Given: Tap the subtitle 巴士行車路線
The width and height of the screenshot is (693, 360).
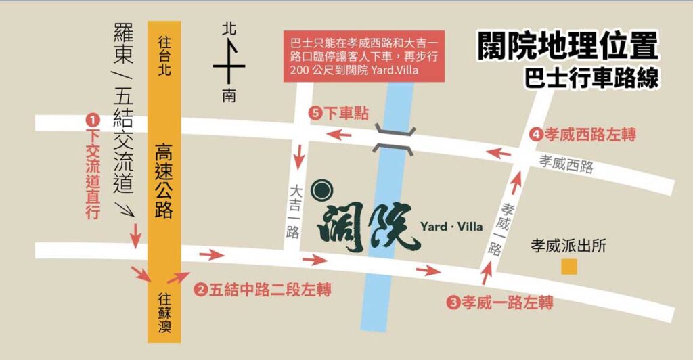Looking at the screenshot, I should click(x=591, y=76).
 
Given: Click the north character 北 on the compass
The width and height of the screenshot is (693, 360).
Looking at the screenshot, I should click(x=229, y=29).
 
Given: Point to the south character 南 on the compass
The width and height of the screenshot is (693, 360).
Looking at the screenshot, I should click(x=229, y=97).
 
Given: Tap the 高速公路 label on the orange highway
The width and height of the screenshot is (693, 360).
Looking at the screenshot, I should click(x=164, y=180).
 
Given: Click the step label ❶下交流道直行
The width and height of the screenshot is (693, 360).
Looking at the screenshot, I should click(x=92, y=166).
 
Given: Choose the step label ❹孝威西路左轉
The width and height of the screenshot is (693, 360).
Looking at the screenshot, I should click(x=583, y=135).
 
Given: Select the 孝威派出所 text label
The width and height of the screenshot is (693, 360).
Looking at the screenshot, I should click(x=568, y=246).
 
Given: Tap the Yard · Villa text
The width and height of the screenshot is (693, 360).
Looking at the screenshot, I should click(x=451, y=226).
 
